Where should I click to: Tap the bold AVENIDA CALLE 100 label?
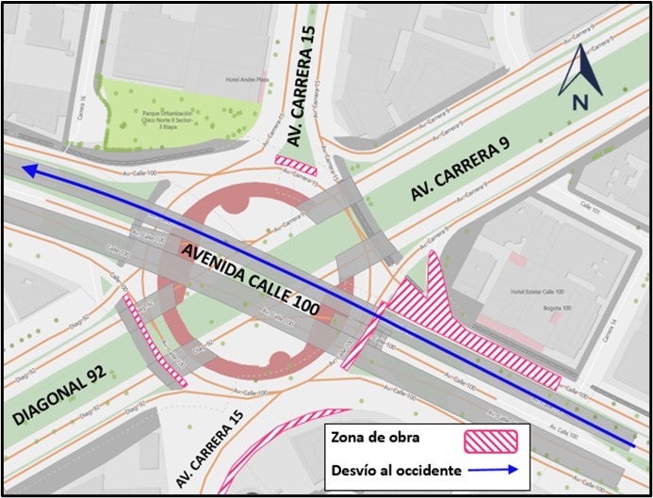252,279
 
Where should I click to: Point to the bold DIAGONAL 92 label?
60,388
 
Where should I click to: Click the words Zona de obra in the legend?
374,439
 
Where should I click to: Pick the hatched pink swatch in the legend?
491,440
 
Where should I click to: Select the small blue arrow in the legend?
491,469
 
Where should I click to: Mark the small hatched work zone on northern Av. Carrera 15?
295,165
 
